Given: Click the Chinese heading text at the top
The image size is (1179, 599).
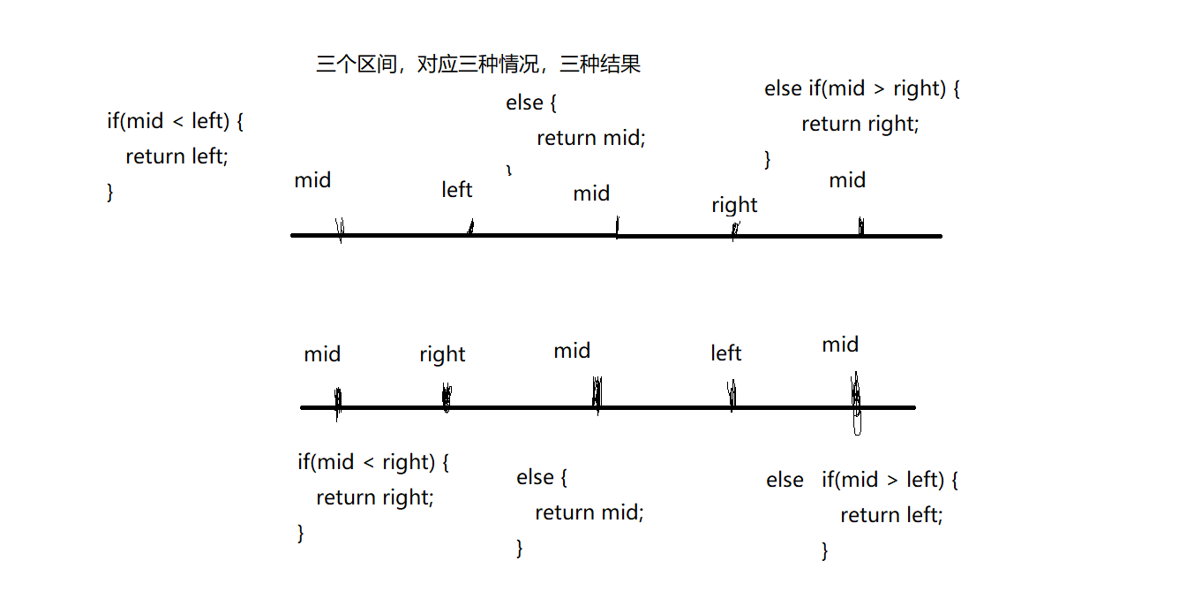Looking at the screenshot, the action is tap(477, 64).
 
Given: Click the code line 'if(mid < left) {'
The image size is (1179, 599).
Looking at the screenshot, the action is tap(175, 120).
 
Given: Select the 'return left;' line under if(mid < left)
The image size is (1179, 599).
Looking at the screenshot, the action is tap(176, 156).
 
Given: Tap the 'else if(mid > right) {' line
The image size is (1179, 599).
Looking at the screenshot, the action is tap(861, 88).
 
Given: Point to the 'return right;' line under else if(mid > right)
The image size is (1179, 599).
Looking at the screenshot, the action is tap(860, 124).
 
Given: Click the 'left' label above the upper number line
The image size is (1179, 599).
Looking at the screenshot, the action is tap(457, 190).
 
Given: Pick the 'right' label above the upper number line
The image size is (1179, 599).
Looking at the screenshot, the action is tap(734, 205).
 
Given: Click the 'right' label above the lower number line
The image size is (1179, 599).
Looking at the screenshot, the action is tap(442, 354).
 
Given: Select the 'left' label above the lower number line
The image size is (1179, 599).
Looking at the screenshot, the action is tap(725, 353).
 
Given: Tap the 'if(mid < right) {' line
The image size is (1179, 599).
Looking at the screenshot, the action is tap(373, 461).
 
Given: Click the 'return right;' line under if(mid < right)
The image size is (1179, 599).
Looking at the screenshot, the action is tap(375, 497).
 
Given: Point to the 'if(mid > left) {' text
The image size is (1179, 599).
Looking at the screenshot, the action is tap(890, 480).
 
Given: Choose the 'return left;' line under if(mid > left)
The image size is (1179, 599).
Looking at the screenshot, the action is tap(891, 515).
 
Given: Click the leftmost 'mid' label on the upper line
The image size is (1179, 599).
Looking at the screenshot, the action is tap(312, 180).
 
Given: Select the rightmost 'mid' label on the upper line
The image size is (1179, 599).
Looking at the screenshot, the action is tap(847, 180).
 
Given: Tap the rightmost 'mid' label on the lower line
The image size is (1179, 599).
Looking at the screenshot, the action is tap(840, 345).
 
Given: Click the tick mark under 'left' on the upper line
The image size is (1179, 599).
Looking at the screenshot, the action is tap(470, 228).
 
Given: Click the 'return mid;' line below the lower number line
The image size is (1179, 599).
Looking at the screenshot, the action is tap(589, 512).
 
